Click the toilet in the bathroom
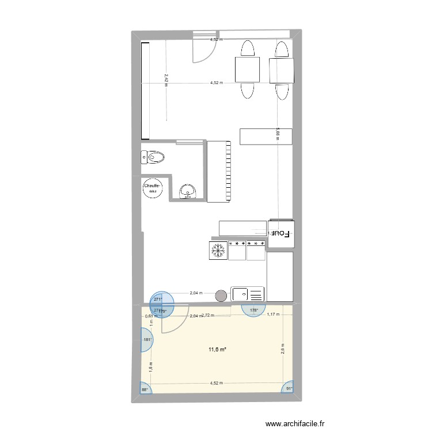point(154,157)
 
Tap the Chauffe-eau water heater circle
point(153,188)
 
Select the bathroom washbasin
point(188,190)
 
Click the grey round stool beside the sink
point(221,295)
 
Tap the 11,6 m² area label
point(217,349)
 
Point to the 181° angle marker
point(147,340)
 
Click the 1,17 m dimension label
point(273,314)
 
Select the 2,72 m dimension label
point(208,316)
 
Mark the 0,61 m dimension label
point(149,316)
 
